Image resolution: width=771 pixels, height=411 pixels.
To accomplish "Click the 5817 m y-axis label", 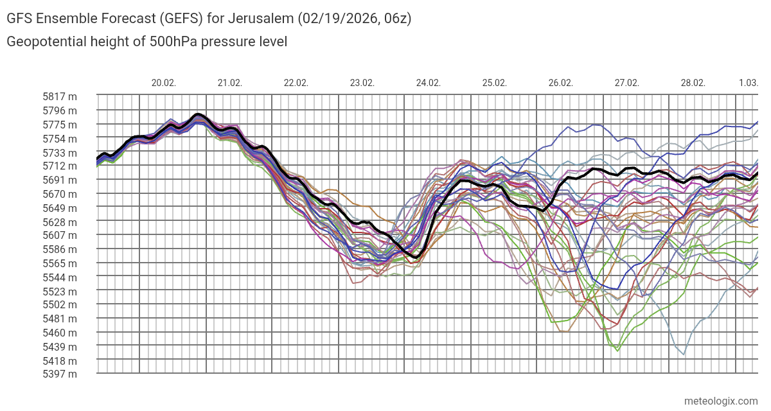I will click(60, 97).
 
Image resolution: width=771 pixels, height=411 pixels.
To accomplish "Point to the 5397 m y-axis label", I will click(60, 374).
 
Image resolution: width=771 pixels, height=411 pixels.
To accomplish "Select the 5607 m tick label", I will click(60, 236).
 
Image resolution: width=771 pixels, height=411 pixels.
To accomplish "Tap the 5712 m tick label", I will click(60, 166).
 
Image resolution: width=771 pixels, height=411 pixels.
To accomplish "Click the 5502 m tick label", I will click(60, 305).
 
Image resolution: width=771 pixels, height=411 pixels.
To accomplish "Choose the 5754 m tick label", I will click(60, 139).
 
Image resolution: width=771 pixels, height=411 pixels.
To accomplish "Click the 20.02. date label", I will click(164, 83).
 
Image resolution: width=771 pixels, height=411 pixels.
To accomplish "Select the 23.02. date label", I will click(362, 83).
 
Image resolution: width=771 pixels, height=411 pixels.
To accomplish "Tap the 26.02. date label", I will click(561, 83).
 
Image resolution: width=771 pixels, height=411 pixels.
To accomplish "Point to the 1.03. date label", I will click(748, 83).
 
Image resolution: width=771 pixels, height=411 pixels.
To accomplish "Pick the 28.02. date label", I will click(693, 83).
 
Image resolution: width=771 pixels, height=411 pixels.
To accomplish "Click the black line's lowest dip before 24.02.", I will click(416, 257).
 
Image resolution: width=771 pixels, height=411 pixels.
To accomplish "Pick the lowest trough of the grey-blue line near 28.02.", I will click(683, 354).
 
